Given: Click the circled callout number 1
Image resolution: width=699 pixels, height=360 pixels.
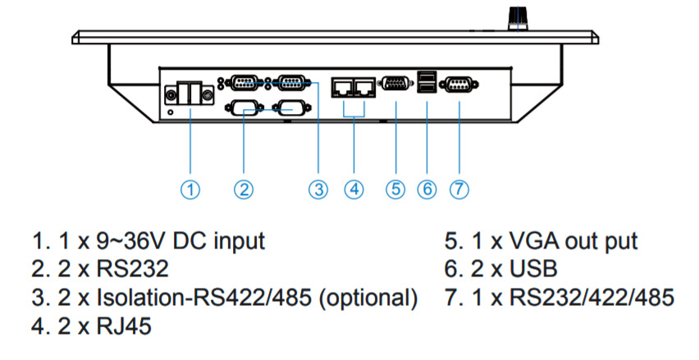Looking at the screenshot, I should (190, 189).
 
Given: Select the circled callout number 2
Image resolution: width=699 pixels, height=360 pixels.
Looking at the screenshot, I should (243, 189).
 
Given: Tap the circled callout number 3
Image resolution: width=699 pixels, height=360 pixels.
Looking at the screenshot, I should (318, 189).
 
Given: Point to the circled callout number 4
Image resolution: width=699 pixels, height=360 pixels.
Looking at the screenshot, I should (354, 189).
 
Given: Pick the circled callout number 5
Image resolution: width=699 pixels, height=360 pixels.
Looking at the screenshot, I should (395, 189).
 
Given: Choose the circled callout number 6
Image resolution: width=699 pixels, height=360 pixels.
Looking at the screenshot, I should (427, 189).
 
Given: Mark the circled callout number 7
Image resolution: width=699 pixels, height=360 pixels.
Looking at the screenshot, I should (459, 189).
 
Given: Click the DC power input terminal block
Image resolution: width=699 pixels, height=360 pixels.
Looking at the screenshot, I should (190, 94).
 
